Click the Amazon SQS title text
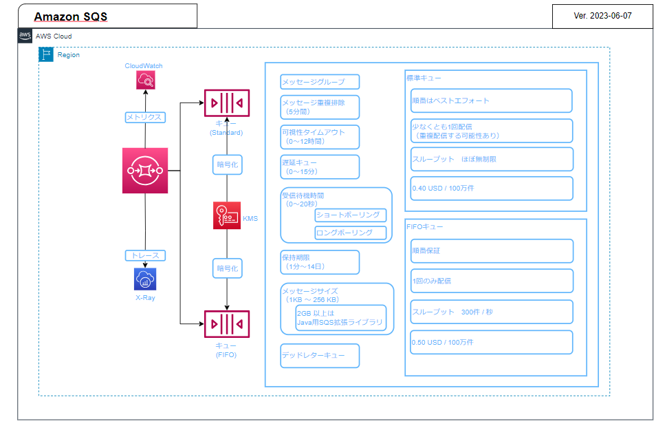(x=71, y=17)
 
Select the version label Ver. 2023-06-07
(x=602, y=15)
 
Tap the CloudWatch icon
(x=145, y=81)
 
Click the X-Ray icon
(x=145, y=279)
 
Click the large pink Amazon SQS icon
(x=144, y=170)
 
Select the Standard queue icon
(x=226, y=103)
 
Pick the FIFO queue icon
(x=226, y=324)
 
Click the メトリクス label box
(x=144, y=117)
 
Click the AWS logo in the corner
(x=25, y=36)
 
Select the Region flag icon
(x=46, y=54)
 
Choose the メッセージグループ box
(x=320, y=83)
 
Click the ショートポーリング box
(x=351, y=215)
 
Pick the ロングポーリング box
(x=351, y=233)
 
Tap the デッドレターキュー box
(x=320, y=356)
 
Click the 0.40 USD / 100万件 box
(x=491, y=188)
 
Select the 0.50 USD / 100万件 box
(x=491, y=342)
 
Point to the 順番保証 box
(x=491, y=250)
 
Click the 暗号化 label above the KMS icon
(x=227, y=164)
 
